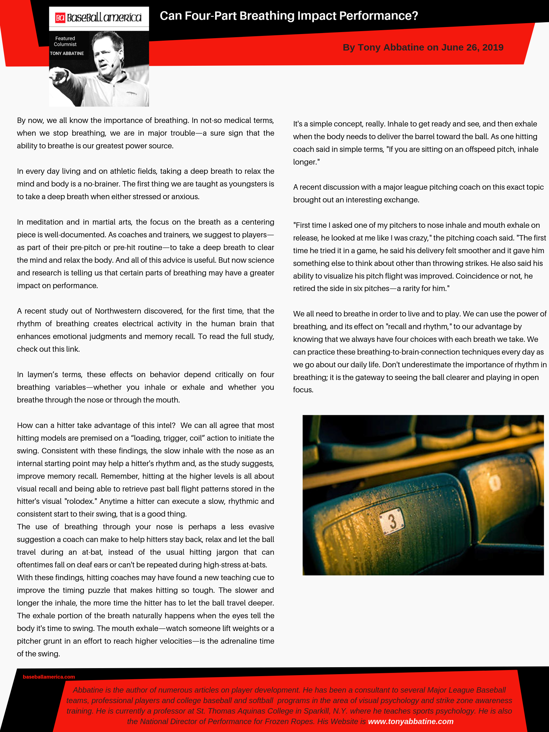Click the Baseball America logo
pos(98,17)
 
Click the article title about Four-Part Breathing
pos(288,16)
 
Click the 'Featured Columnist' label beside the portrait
pos(65,41)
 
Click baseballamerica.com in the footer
pos(49,677)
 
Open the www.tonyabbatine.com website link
pos(410,722)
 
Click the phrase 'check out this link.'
pos(48,349)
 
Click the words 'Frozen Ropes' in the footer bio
pos(295,722)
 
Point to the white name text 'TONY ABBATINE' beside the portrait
pos(67,53)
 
